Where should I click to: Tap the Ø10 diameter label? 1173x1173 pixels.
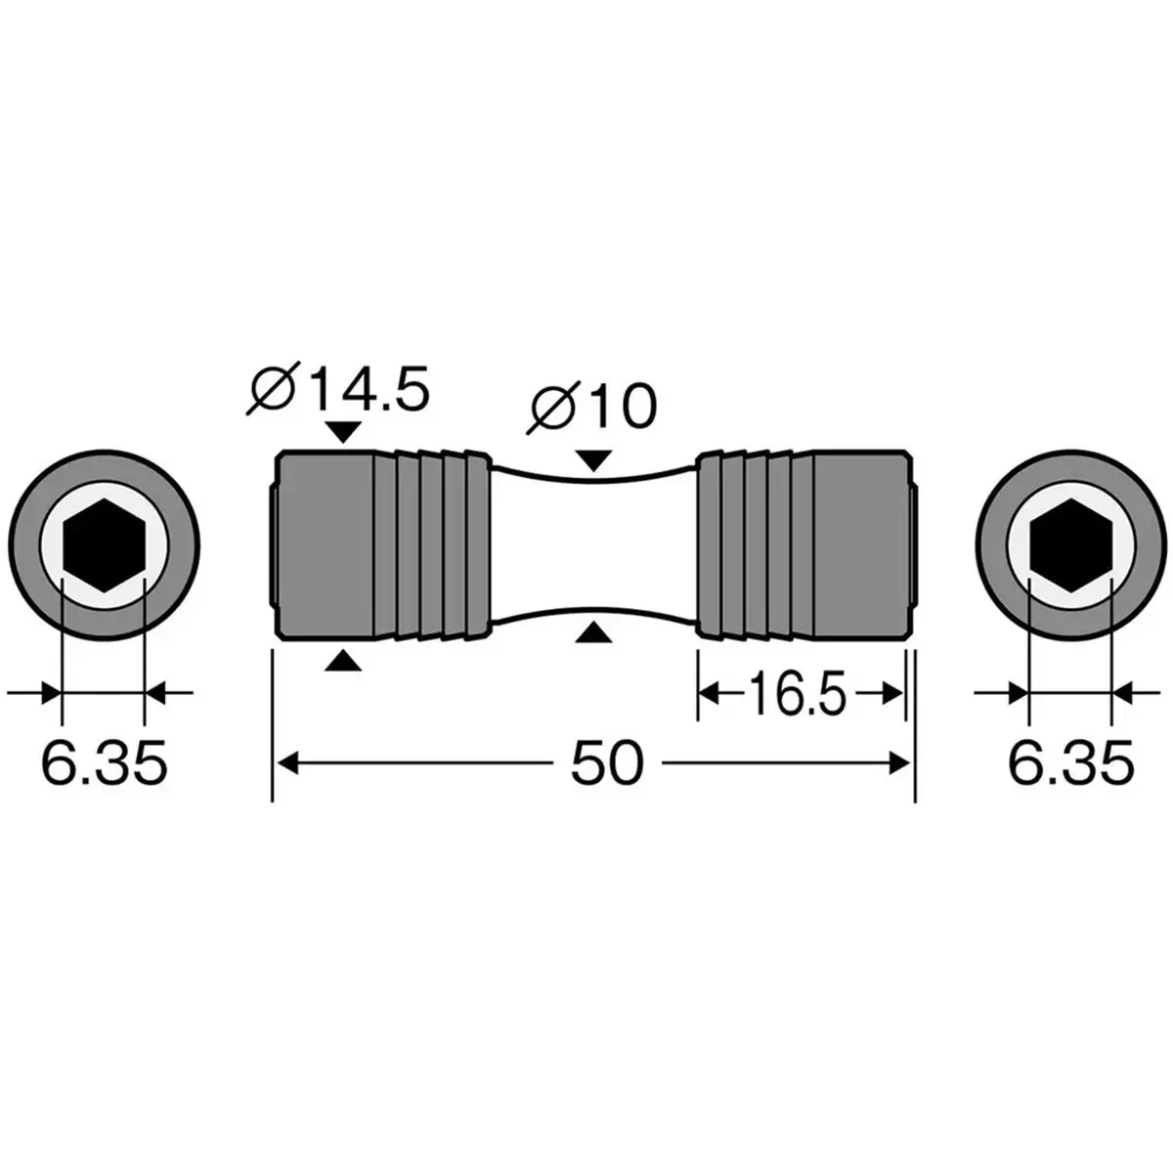pos(591,407)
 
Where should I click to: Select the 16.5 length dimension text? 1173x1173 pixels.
pos(798,693)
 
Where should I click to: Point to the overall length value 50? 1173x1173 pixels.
pos(606,763)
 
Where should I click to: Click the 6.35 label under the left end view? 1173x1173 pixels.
pos(104,762)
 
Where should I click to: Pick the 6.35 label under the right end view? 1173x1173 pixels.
pos(1071,762)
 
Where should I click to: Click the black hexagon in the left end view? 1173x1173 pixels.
pos(104,544)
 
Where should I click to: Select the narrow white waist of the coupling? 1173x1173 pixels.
pos(593,544)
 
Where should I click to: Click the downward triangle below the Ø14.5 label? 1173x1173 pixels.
pos(344,432)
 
